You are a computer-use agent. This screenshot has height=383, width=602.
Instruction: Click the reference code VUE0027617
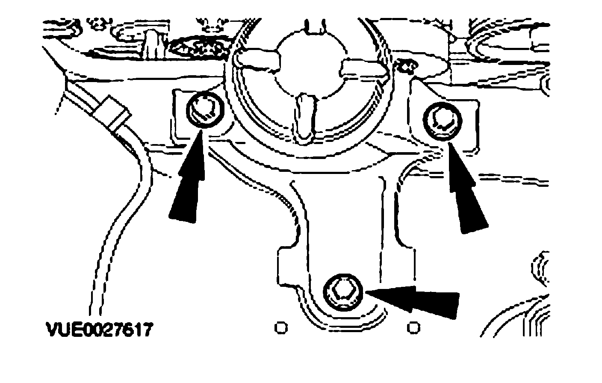pyautogui.click(x=99, y=330)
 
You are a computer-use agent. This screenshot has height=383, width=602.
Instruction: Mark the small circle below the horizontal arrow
pyautogui.click(x=414, y=327)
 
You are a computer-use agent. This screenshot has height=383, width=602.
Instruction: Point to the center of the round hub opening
pyautogui.click(x=311, y=64)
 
